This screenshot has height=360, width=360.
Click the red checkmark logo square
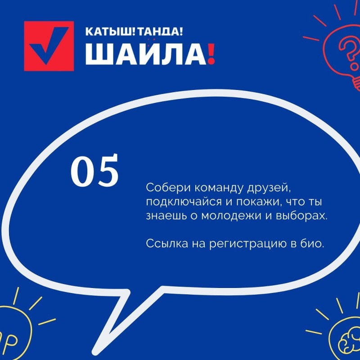49,46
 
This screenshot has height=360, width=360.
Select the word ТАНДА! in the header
161,31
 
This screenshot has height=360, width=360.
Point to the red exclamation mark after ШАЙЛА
211,54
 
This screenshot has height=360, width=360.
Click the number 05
94,171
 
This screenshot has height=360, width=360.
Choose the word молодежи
231,217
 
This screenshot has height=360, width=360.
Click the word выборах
301,216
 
